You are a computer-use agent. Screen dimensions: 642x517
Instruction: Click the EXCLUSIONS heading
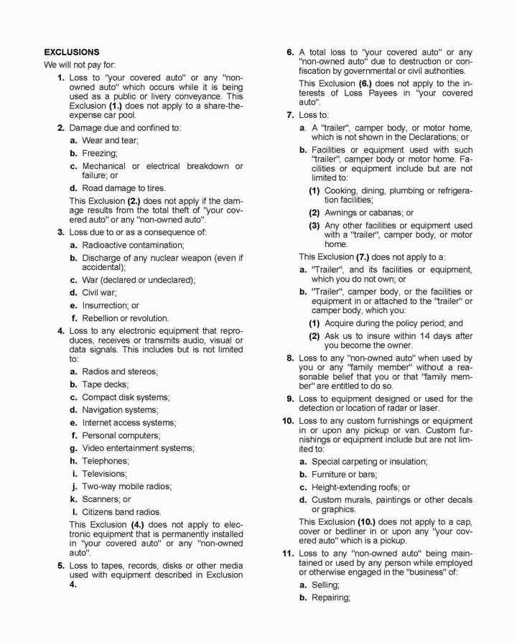pos(72,52)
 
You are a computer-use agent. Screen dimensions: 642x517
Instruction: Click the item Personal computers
pos(121,435)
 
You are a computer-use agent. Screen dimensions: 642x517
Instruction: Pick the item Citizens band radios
pos(121,511)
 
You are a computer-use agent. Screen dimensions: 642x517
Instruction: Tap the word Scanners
pos(101,499)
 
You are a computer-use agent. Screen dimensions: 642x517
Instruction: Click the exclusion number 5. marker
pos(61,565)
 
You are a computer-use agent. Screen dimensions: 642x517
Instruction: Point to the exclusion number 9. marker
pos(290,399)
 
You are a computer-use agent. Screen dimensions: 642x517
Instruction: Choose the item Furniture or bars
pos(344,475)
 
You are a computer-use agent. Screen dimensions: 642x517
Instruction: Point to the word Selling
pos(327,585)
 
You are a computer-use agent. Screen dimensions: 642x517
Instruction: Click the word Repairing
pos(331,598)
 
